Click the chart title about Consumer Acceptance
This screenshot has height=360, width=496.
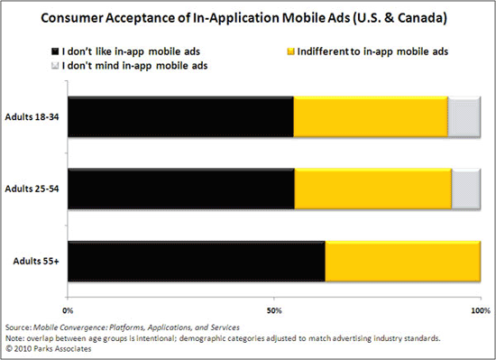(x=248, y=17)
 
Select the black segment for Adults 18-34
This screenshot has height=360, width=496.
(x=180, y=117)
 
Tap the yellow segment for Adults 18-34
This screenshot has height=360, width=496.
(x=371, y=117)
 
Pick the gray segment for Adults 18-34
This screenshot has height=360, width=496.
(x=464, y=117)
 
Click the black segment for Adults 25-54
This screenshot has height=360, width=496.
(x=180, y=189)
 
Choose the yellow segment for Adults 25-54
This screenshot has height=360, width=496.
(x=372, y=189)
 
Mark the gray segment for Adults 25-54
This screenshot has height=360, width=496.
(x=465, y=189)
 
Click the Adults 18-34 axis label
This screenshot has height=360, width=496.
(x=33, y=118)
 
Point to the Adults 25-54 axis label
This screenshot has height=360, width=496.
(x=33, y=189)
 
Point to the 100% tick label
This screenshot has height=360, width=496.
(x=479, y=310)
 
